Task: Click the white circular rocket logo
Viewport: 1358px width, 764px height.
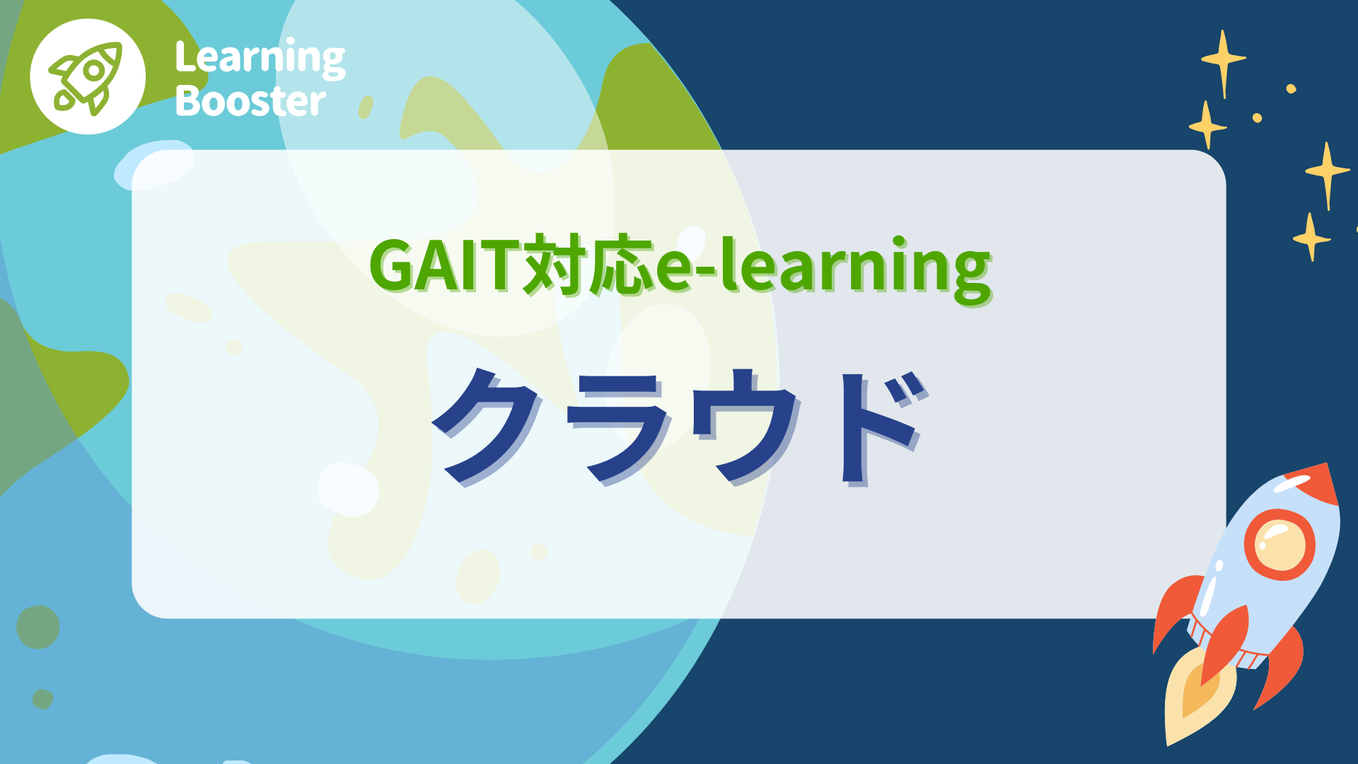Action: point(88,76)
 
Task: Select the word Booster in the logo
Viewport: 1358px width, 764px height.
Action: point(250,101)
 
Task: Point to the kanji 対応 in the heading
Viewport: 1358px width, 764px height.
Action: point(587,266)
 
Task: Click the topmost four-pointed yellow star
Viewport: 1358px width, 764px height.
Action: point(1224,61)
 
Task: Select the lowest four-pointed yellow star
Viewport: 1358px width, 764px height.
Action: point(1311,238)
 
